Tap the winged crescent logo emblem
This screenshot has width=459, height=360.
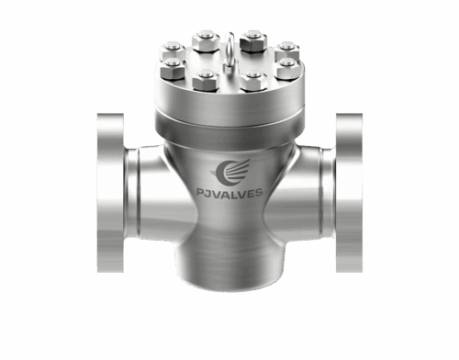tap(230, 173)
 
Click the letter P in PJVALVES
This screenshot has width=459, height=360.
tap(200, 193)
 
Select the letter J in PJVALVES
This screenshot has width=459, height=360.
tap(208, 193)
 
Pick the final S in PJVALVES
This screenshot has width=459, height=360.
tap(259, 193)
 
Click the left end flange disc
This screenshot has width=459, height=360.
tap(110, 193)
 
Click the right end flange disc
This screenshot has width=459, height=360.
tap(349, 193)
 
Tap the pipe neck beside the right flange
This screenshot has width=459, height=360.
tap(328, 193)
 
